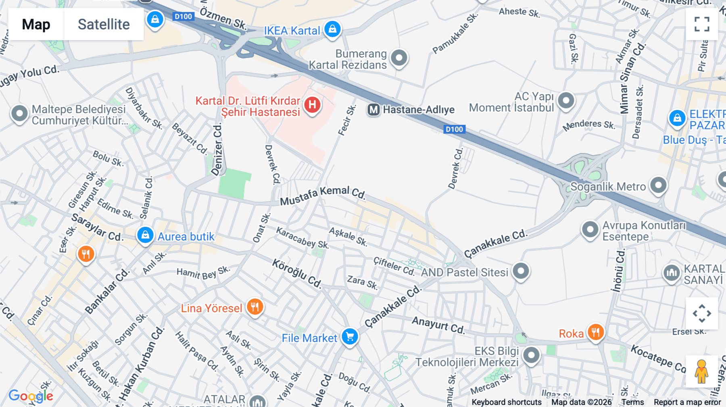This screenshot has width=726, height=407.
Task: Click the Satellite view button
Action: tap(104, 24)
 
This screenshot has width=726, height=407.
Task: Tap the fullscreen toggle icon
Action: tap(702, 24)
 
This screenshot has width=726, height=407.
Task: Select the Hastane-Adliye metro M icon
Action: tap(373, 110)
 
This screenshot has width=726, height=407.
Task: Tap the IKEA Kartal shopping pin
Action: tap(332, 29)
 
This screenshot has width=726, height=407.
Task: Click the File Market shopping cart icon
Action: tap(350, 336)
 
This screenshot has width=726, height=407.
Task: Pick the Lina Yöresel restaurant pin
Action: tap(255, 307)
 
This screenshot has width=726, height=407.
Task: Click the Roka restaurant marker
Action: tap(595, 332)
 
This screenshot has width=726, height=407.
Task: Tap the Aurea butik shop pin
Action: tap(145, 235)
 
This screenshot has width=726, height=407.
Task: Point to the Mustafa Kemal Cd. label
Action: tap(323, 195)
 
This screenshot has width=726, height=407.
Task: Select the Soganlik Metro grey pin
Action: tap(658, 185)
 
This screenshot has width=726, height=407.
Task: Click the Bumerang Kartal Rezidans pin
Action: tap(399, 58)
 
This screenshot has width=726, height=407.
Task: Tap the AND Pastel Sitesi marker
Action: tap(521, 271)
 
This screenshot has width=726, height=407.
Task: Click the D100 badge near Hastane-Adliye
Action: tap(455, 129)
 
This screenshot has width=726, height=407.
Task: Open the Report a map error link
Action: tap(687, 402)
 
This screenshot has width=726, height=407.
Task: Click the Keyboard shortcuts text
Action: tap(507, 402)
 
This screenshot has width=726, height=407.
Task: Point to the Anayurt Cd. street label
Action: tap(438, 325)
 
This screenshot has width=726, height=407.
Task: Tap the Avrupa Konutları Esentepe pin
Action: tap(590, 230)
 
